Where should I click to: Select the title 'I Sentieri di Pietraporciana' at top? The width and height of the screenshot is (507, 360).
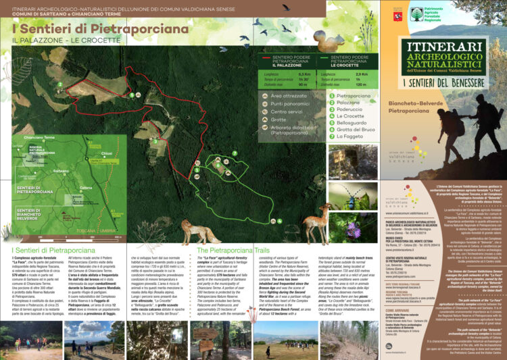[x=100, y=29]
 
